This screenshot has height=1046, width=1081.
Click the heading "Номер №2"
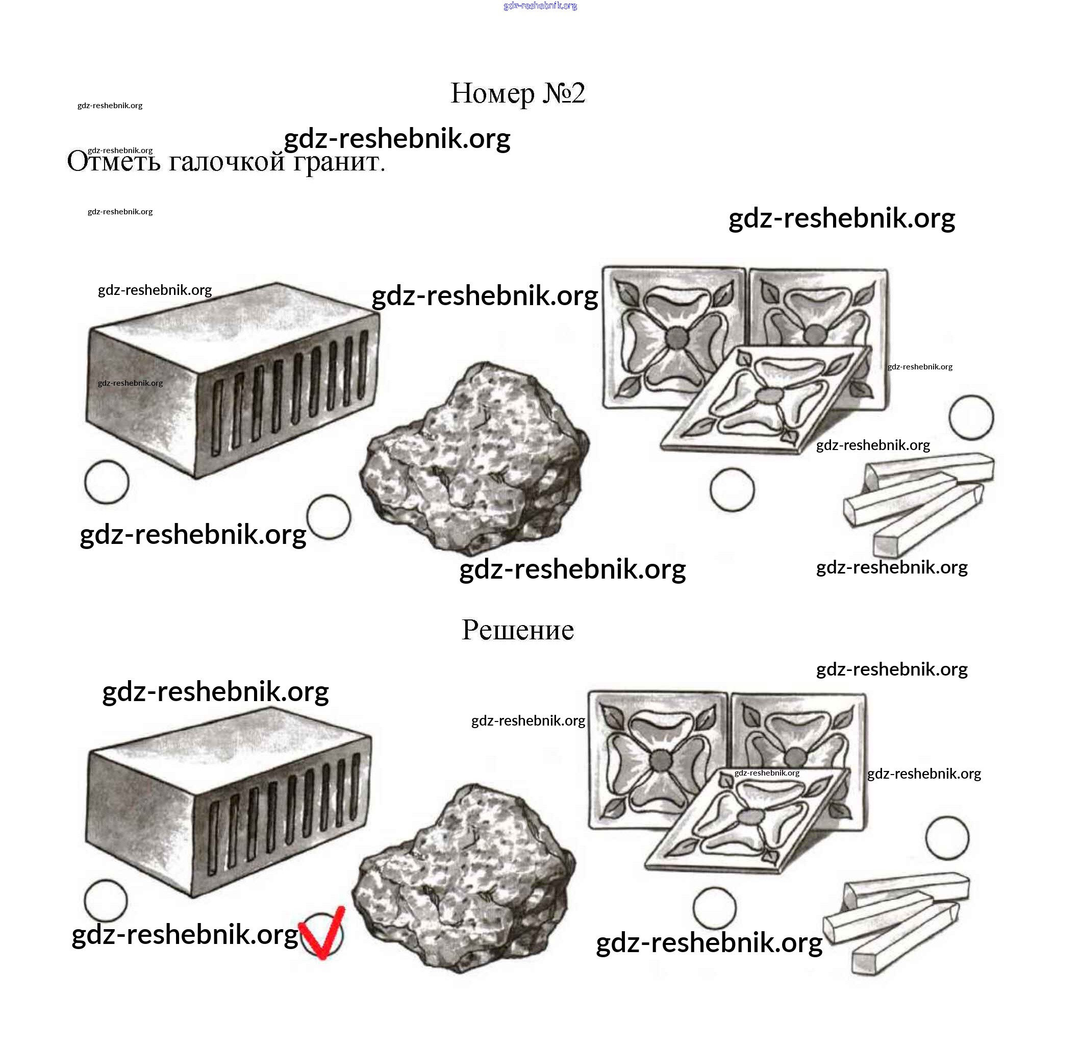(518, 93)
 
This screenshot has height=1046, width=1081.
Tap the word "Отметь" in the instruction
(114, 162)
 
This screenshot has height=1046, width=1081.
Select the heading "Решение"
(518, 630)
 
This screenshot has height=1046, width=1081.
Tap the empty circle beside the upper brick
(107, 482)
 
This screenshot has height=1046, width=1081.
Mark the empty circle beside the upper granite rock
(329, 517)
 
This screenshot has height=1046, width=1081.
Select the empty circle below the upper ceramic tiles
(733, 490)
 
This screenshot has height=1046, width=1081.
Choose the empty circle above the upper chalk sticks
(972, 417)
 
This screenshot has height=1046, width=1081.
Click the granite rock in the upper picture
(474, 458)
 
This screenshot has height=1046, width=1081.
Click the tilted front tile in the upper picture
(767, 400)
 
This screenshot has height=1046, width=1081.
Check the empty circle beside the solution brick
(106, 901)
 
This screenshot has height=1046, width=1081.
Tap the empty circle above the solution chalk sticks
(947, 838)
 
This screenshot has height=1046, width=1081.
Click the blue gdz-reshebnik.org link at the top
(541, 6)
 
